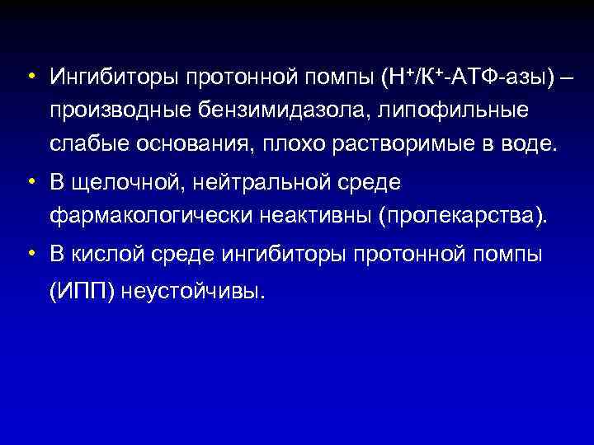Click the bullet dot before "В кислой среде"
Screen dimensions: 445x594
30,253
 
